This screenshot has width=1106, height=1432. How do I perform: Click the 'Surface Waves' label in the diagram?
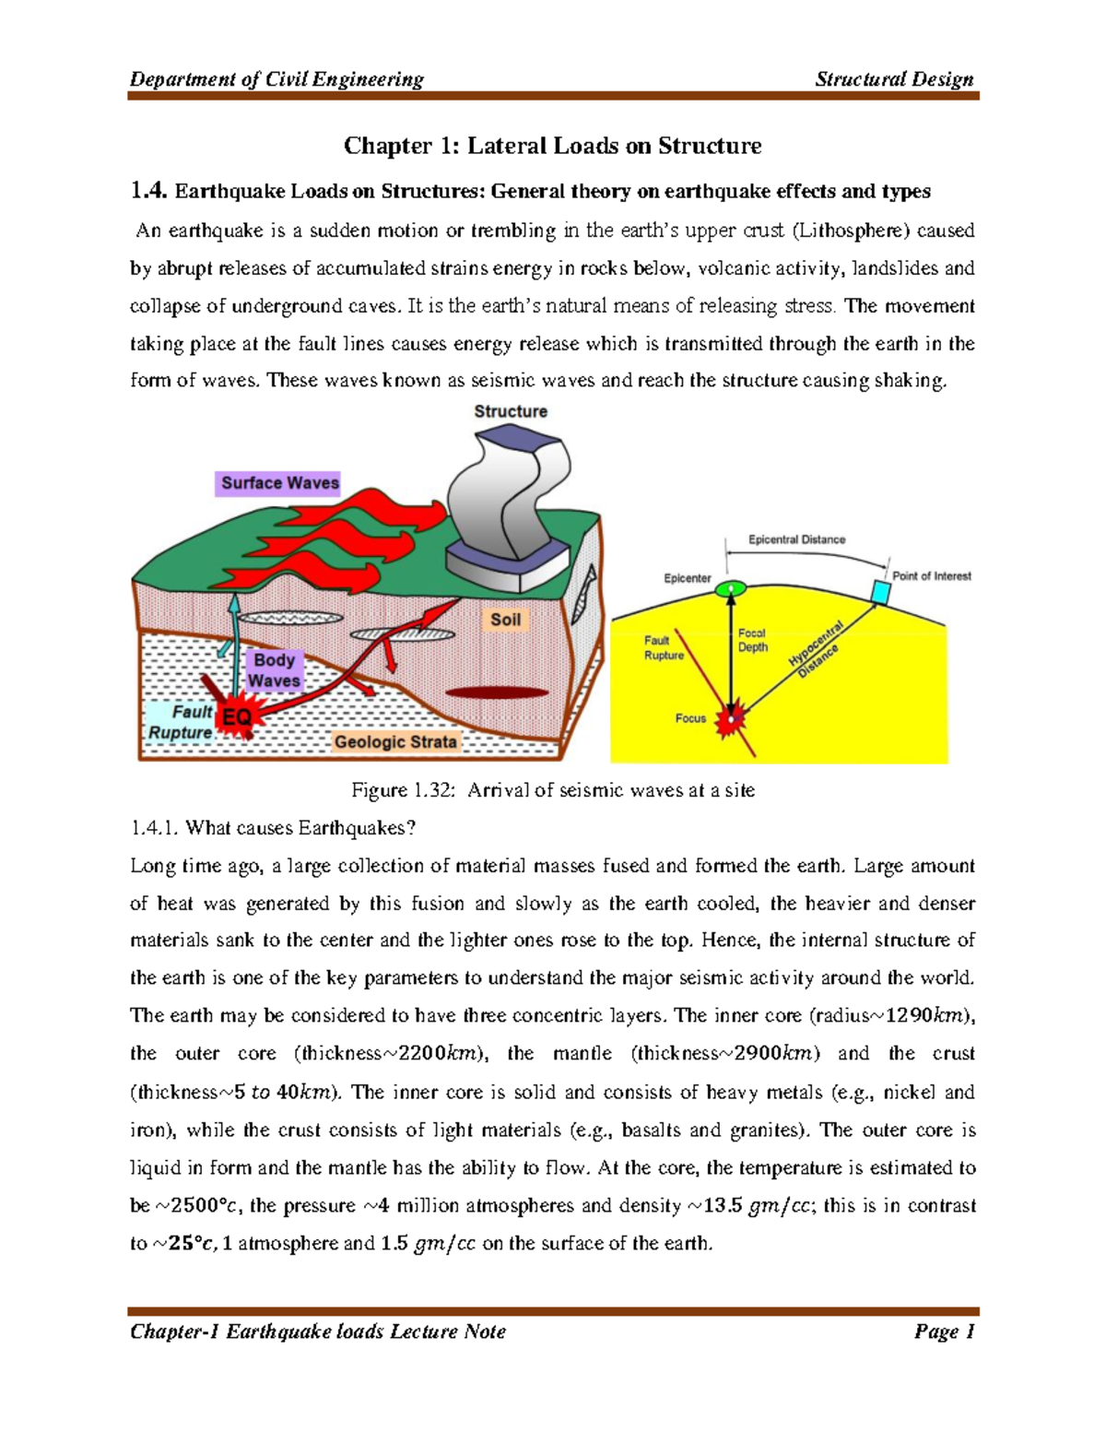click(279, 483)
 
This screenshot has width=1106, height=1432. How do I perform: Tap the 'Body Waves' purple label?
click(274, 670)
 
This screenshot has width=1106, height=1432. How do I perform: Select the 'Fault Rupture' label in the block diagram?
click(182, 722)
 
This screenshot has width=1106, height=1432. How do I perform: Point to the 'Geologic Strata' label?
click(394, 741)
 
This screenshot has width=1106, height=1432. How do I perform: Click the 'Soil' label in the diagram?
click(505, 620)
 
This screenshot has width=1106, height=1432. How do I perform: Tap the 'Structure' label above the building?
click(510, 411)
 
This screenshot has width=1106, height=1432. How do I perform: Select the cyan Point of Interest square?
click(881, 591)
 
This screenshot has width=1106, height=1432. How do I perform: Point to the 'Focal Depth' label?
click(752, 640)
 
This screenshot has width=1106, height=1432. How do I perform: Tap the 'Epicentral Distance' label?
click(796, 539)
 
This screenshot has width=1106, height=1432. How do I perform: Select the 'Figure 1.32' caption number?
click(404, 790)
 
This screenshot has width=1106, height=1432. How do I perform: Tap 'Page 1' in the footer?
click(944, 1331)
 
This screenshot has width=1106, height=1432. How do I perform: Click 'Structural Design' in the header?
click(894, 79)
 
